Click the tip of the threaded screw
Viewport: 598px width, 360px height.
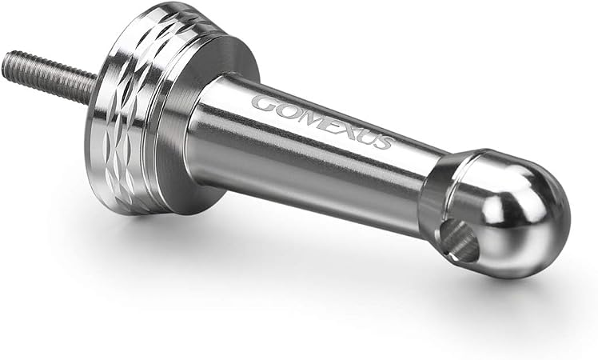pyautogui.click(x=6, y=64)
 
